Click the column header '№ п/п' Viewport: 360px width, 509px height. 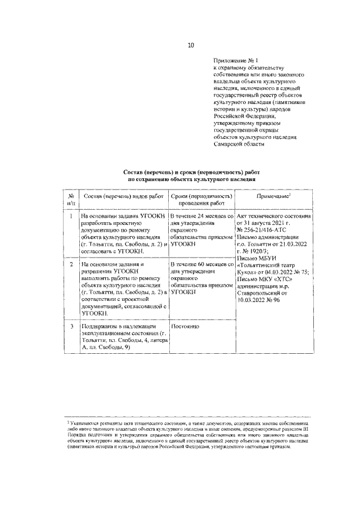[x=71, y=199]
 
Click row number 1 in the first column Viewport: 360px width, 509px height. [x=71, y=215]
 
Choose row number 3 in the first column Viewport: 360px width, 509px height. [x=71, y=326]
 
